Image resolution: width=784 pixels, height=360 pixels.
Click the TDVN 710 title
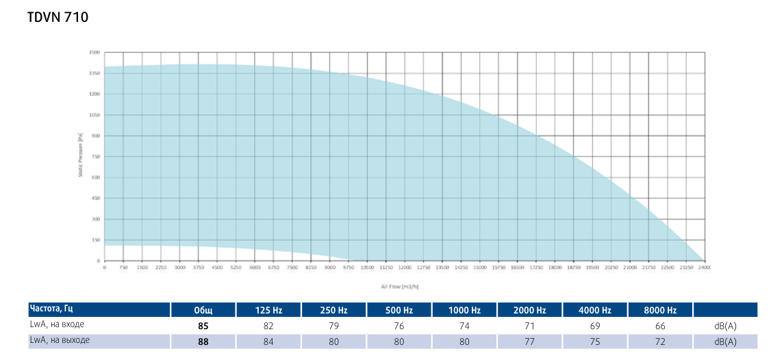coord(58,18)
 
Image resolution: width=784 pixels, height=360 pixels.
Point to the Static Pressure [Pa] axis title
coord(81,156)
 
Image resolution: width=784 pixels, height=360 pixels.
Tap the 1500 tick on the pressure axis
coord(94,53)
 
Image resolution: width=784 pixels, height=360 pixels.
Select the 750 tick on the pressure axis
coord(96,157)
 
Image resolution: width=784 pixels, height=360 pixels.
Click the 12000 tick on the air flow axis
coord(405,268)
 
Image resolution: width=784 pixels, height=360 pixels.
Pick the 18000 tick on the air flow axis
coord(555,268)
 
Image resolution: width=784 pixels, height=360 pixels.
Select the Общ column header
coord(203,311)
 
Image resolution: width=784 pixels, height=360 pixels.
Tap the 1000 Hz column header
coord(464,311)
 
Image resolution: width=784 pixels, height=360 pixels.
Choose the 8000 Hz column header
coord(661,311)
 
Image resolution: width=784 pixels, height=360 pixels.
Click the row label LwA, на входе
coord(57,324)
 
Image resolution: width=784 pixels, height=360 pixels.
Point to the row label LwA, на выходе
coord(60,340)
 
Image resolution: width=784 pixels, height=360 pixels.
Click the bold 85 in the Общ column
coord(203,326)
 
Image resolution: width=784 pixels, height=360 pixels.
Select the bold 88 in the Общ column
coord(203,342)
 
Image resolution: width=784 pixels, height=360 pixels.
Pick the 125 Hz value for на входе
coord(268,326)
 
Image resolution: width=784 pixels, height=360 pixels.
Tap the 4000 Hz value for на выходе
coord(595,342)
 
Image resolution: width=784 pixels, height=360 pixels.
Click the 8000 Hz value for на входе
coord(661,326)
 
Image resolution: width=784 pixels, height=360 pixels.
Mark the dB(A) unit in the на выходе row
coord(725,342)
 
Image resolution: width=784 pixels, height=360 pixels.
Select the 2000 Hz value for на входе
coord(530,326)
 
